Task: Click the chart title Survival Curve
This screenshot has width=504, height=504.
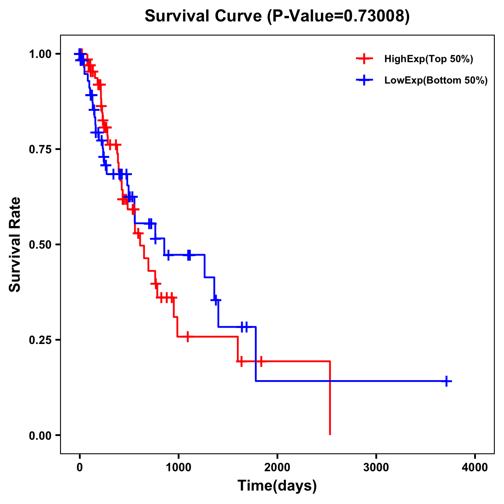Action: tap(205, 16)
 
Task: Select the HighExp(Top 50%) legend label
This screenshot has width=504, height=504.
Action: tap(428, 59)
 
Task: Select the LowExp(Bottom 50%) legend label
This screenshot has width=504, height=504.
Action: tap(436, 81)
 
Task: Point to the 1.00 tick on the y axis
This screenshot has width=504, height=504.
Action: tap(40, 54)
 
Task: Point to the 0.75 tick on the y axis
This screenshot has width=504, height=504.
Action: tap(40, 149)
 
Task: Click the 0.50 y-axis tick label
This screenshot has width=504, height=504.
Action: tap(40, 244)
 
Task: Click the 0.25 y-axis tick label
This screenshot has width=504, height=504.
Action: tap(40, 340)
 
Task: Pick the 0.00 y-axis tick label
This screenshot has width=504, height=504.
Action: tap(40, 435)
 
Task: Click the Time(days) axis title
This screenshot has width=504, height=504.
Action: tap(277, 486)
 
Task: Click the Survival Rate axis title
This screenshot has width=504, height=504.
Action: tap(15, 244)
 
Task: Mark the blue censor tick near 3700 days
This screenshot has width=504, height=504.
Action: tap(447, 381)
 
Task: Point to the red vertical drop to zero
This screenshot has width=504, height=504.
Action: tap(330, 399)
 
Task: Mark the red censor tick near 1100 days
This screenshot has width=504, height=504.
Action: tap(187, 337)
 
